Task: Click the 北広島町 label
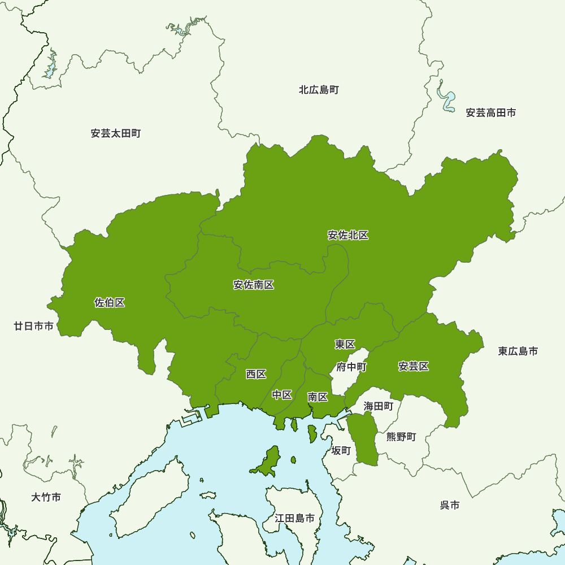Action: (319, 90)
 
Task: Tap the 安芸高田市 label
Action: (490, 113)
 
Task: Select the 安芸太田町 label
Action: (115, 134)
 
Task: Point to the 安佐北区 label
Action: (348, 236)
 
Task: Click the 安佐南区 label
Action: (254, 285)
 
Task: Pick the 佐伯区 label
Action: (110, 303)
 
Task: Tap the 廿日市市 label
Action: (34, 326)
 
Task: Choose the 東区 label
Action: (345, 345)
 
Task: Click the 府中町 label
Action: (351, 367)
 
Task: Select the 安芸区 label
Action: (414, 367)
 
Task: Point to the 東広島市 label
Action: (518, 351)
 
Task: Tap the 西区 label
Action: (256, 374)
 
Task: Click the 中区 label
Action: (282, 395)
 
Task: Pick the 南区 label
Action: (318, 397)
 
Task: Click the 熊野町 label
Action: (401, 437)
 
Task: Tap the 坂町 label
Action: (341, 450)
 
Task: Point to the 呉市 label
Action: (450, 505)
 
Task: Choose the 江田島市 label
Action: (294, 518)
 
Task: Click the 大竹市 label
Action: (46, 498)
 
